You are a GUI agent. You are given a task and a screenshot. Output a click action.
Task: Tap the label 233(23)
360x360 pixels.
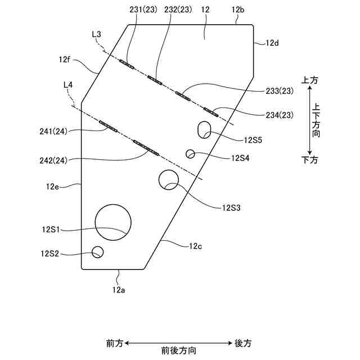[x=279, y=92]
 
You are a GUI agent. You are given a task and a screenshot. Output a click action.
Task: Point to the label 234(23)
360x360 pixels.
[x=279, y=115]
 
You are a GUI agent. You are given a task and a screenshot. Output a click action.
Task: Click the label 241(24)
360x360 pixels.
[x=54, y=132]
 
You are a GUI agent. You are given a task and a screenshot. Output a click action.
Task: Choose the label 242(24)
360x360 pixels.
[x=54, y=160]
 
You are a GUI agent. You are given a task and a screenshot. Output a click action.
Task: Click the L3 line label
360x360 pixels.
[x=96, y=35]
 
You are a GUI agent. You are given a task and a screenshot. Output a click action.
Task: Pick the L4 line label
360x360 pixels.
[x=68, y=85]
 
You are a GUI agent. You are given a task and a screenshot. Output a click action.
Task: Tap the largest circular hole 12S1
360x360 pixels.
[x=113, y=221]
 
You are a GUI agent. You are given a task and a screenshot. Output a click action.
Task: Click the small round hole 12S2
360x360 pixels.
[x=98, y=251]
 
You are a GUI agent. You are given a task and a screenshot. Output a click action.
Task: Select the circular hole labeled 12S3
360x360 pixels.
[x=168, y=180]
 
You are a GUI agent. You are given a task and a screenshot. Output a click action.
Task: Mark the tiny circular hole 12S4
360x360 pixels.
[x=191, y=154]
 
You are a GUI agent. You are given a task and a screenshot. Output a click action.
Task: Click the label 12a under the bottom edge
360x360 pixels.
[x=118, y=290]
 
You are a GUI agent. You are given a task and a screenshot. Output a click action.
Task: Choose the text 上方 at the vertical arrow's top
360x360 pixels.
[x=310, y=80]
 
